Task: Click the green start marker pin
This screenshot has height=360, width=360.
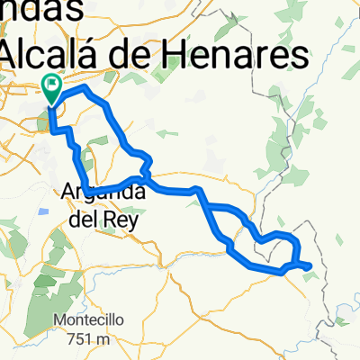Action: (51, 88)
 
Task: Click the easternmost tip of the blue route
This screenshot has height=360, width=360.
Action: (311, 265)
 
